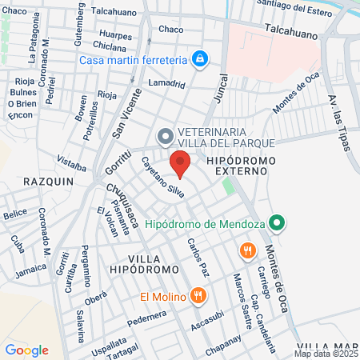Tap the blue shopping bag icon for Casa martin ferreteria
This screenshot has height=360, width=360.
point(200,59)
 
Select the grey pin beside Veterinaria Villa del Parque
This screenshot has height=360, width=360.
point(165,136)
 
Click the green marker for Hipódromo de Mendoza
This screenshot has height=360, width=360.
point(277,222)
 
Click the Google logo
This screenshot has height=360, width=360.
point(26,350)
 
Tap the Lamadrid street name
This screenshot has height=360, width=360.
point(166,83)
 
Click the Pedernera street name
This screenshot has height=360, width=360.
point(146,316)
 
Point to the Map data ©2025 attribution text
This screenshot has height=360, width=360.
point(325,353)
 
